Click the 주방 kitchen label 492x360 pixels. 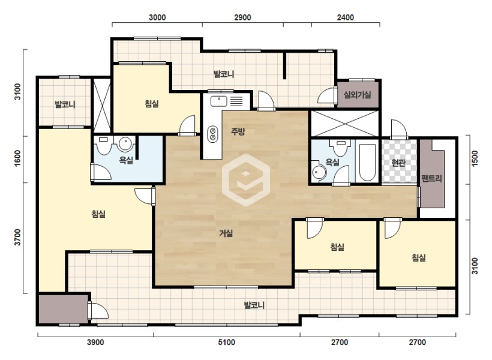(238, 131)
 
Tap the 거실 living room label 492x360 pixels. (226, 233)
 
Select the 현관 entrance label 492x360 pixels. (398, 163)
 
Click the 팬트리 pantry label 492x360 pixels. (431, 179)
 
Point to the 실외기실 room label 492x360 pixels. (358, 94)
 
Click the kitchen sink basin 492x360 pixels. (219, 101)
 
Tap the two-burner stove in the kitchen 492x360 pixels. (213, 134)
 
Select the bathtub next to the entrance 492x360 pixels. (367, 163)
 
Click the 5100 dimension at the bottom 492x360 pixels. (227, 342)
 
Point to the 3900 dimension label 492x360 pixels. (95, 342)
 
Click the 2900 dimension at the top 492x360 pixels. (242, 17)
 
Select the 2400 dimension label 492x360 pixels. (346, 17)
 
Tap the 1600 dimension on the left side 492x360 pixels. (17, 159)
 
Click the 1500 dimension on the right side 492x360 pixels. (475, 159)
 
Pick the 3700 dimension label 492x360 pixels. (17, 238)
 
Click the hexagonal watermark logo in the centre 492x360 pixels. (246, 180)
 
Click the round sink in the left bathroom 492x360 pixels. (125, 144)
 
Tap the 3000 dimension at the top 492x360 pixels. (157, 17)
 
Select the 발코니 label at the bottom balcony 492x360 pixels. (254, 305)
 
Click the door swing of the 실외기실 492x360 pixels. (326, 96)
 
